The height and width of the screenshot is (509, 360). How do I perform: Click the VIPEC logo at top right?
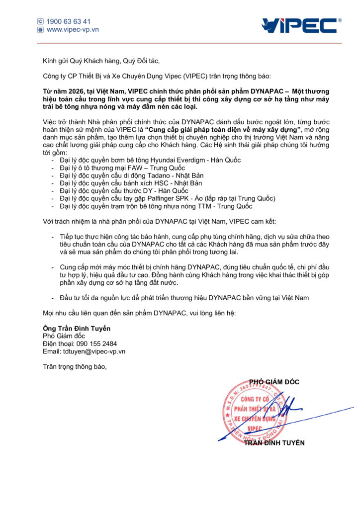tap(301, 25)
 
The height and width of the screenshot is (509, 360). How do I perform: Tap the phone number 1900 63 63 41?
tap(69, 21)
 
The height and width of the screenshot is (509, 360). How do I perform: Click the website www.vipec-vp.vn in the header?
tap(73, 30)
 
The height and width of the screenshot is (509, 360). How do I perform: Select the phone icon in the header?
tap(40, 21)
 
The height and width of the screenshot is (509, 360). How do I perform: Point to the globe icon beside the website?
tap(40, 30)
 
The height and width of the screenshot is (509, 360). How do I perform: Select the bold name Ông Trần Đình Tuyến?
tap(77, 328)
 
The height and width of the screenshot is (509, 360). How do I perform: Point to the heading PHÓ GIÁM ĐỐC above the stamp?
tap(274, 382)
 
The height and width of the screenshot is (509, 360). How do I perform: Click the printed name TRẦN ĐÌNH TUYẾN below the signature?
tap(274, 443)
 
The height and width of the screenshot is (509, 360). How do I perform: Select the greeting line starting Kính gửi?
tap(101, 61)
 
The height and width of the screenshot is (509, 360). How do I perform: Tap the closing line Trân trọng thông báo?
tap(75, 367)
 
